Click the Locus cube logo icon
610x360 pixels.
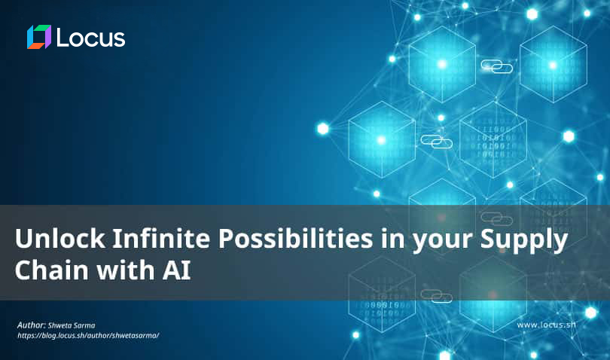point(39,37)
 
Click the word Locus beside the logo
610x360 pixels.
point(91,38)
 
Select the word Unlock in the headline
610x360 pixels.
point(60,238)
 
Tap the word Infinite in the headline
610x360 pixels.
point(161,238)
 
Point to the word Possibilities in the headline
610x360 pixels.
point(295,238)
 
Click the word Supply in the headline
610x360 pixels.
point(524,239)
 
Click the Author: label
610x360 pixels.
point(32,325)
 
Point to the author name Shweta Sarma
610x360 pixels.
point(72,325)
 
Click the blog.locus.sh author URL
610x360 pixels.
point(88,335)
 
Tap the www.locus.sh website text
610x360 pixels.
point(546,325)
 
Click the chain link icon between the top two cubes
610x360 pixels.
point(497,66)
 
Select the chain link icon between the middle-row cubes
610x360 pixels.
point(437,142)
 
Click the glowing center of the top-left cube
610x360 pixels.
point(442,64)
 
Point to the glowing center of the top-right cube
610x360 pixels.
point(553,65)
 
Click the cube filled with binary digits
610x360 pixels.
point(493,140)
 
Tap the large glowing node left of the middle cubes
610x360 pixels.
point(323,129)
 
